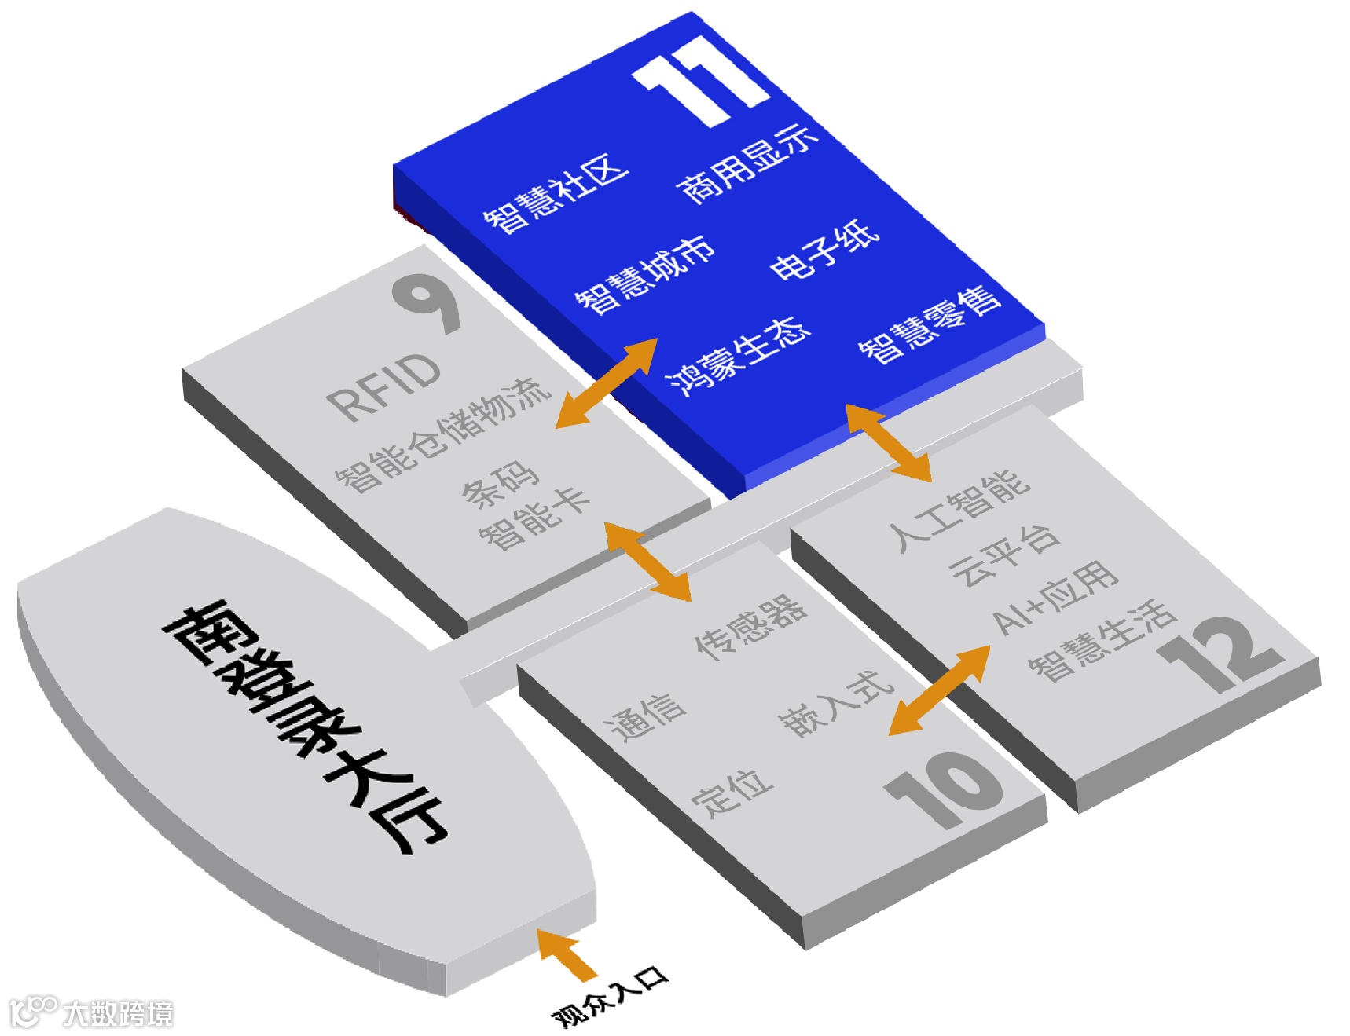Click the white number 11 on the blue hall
[x=702, y=80]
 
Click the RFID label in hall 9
[x=383, y=388]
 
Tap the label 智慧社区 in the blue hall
[x=556, y=193]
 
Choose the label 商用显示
[x=747, y=164]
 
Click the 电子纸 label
[x=824, y=250]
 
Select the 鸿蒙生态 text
[x=738, y=355]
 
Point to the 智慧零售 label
[x=930, y=324]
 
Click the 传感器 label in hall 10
[x=750, y=626]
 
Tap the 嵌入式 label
[x=836, y=705]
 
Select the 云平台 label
[x=1004, y=555]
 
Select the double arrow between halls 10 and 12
[x=939, y=690]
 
